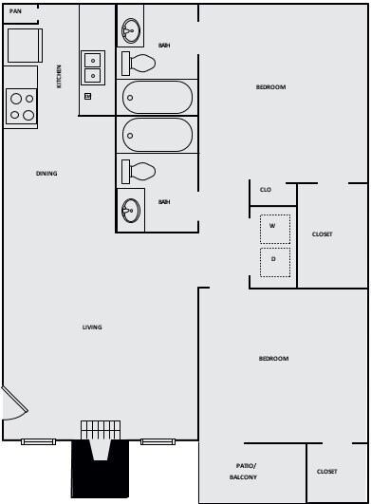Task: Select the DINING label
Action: click(46, 174)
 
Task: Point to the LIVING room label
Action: click(92, 327)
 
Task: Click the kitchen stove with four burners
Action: click(21, 106)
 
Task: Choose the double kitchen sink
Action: click(92, 67)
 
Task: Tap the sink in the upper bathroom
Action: click(132, 28)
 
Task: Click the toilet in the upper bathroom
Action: click(139, 64)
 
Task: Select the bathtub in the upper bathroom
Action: click(158, 97)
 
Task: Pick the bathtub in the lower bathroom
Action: click(158, 135)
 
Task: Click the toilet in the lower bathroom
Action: click(139, 171)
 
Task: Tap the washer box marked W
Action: click(273, 227)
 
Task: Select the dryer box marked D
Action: click(273, 259)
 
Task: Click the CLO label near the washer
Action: click(266, 190)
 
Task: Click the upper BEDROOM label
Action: click(270, 87)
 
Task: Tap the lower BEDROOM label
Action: click(273, 358)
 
